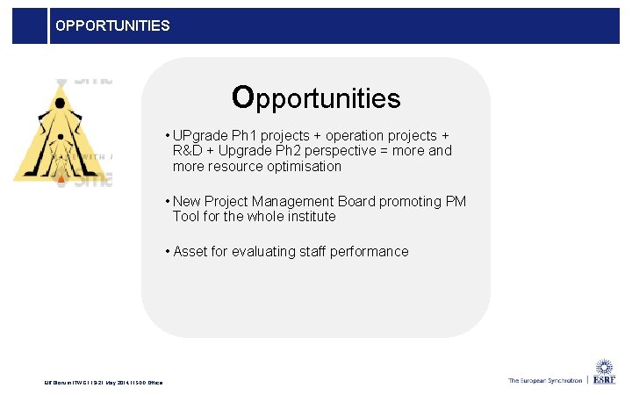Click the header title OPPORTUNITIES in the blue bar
coord(112,25)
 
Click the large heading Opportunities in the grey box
coord(316,97)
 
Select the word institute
coord(308,216)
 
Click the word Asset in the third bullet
coord(191,251)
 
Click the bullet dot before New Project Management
coord(167,201)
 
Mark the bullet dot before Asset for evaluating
coord(167,251)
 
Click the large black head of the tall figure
coord(60,103)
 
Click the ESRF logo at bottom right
coord(605,373)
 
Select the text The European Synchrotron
coord(544,380)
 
